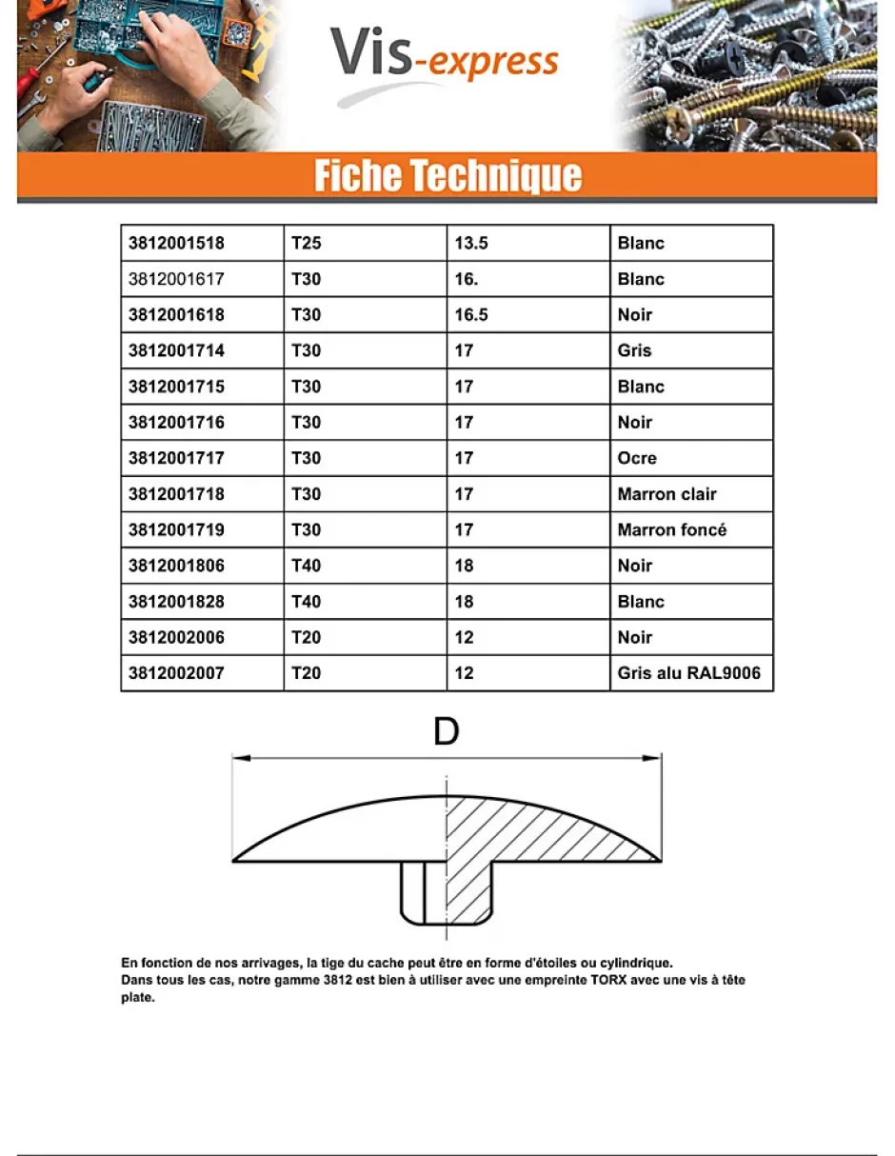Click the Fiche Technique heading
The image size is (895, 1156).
click(447, 176)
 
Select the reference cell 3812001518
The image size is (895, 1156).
click(177, 243)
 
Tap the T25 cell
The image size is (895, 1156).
click(307, 243)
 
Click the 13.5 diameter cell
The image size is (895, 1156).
click(471, 243)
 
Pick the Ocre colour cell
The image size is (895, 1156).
click(637, 458)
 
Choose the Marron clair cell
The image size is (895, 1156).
click(666, 494)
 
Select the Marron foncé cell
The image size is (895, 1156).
click(671, 529)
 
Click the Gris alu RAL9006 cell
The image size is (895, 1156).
click(688, 673)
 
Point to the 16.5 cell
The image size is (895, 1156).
click(471, 314)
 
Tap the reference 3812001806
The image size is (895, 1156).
click(177, 566)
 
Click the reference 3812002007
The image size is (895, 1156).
click(177, 673)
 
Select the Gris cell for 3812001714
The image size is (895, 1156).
click(634, 350)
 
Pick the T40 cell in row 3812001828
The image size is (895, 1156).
click(307, 602)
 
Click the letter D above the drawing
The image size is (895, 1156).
click(446, 732)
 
